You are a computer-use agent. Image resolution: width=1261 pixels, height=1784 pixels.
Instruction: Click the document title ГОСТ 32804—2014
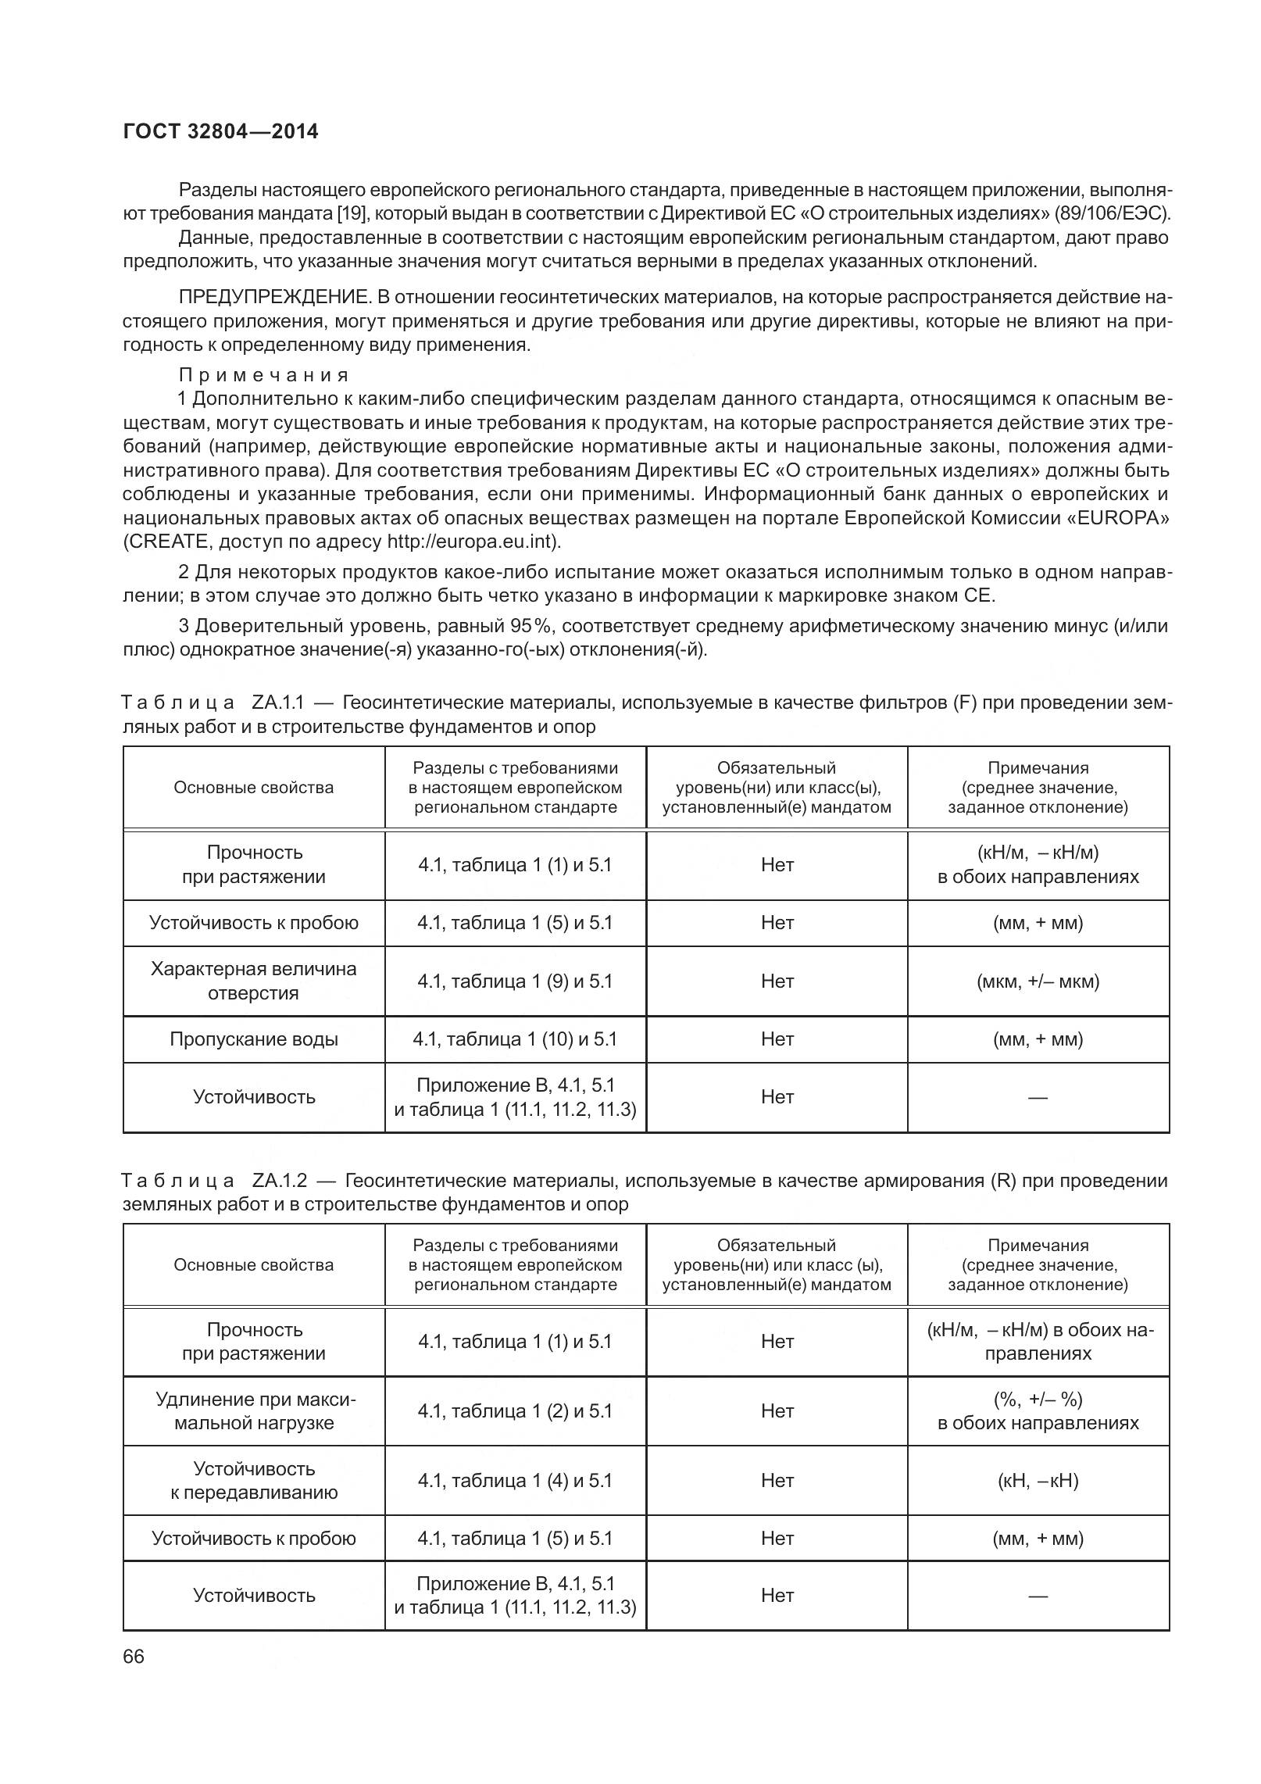click(x=220, y=131)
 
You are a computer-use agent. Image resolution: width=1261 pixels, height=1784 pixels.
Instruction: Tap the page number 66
click(x=134, y=1679)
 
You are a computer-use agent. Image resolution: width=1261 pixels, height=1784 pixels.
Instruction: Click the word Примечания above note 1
click(x=263, y=375)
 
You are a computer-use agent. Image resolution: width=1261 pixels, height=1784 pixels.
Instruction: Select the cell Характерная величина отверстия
click(x=253, y=981)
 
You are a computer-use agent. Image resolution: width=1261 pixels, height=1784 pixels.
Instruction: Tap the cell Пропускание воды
click(x=253, y=1039)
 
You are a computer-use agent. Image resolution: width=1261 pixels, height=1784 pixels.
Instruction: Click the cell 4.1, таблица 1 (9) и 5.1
click(x=515, y=981)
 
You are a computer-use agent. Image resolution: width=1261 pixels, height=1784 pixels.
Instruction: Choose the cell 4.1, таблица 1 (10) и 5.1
click(x=515, y=1039)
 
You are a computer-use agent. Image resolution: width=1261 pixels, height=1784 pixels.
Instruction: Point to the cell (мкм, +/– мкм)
click(x=1038, y=981)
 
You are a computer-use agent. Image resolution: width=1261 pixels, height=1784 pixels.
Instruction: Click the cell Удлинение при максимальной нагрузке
click(x=253, y=1410)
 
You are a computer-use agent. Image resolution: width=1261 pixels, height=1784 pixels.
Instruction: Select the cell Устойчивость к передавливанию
click(x=253, y=1480)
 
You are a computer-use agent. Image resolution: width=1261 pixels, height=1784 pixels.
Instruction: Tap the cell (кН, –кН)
click(x=1038, y=1480)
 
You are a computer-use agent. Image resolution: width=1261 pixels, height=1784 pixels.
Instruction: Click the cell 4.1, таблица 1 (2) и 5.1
click(x=515, y=1410)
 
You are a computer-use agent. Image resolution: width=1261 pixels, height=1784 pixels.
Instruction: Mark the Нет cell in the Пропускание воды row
click(x=777, y=1039)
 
